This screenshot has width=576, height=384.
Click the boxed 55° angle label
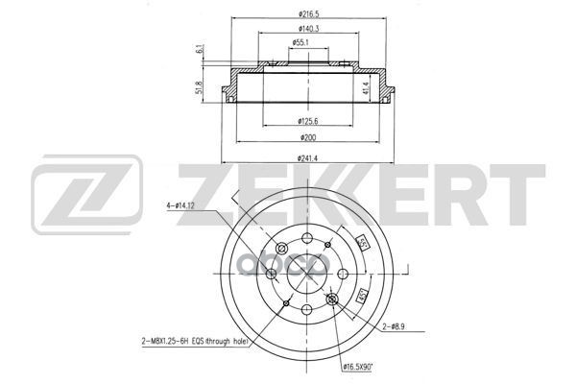tap(363, 242)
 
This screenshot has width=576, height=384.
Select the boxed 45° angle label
tap(363, 296)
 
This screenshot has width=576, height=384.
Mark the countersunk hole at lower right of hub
tap(332, 302)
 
